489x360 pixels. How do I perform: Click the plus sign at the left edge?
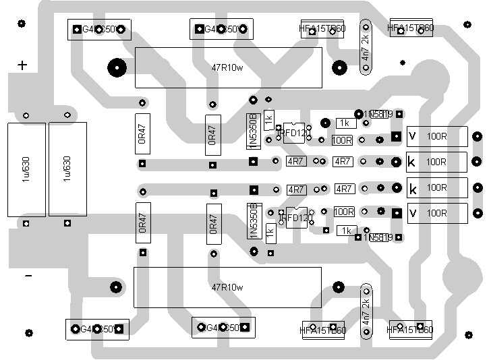click(22, 65)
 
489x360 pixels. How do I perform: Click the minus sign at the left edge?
click(28, 276)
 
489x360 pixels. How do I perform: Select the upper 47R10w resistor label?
click(227, 67)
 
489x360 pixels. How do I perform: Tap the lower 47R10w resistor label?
click(227, 287)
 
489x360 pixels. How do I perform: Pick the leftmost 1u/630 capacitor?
click(26, 169)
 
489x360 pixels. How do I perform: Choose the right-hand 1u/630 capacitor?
click(67, 169)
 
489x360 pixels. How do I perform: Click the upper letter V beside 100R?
click(412, 137)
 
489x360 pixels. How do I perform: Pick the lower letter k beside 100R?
click(412, 188)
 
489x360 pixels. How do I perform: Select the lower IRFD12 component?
click(295, 217)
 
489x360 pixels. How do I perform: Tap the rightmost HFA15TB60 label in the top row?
click(411, 28)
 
